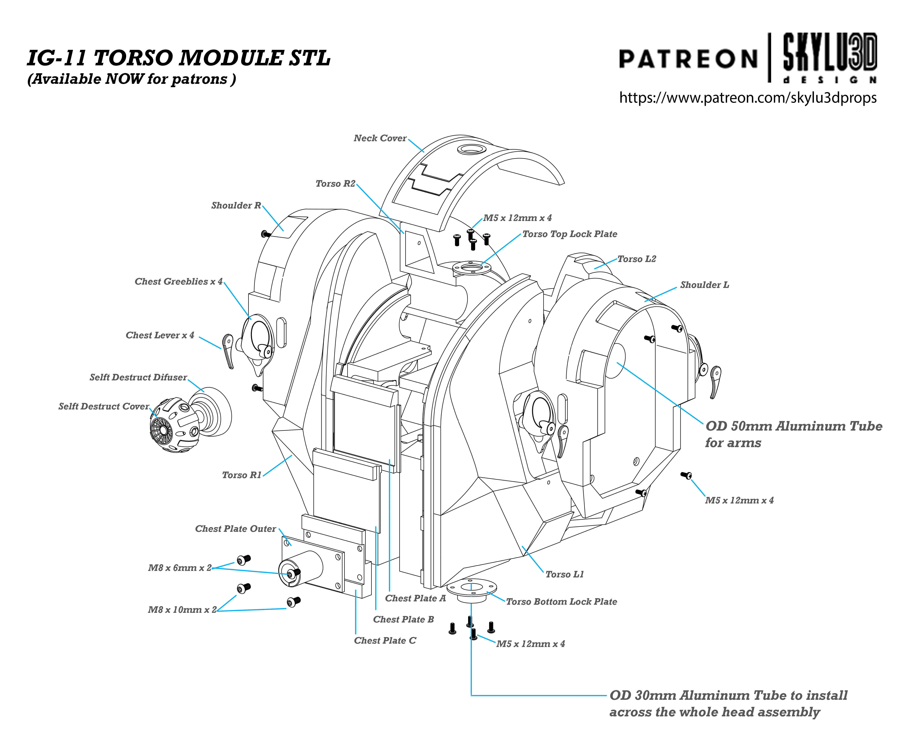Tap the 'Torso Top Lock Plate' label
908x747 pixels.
coord(569,234)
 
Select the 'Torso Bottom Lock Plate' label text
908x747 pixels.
coord(561,602)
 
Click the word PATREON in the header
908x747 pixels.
coord(688,59)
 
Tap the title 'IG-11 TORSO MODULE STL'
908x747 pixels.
coord(179,58)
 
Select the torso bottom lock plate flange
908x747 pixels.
coord(471,590)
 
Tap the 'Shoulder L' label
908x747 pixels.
coord(704,285)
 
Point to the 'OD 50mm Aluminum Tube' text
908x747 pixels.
coord(793,427)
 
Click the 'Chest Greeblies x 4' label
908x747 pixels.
coord(178,281)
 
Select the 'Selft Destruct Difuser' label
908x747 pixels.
coord(138,377)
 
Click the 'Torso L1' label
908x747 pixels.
coord(564,574)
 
